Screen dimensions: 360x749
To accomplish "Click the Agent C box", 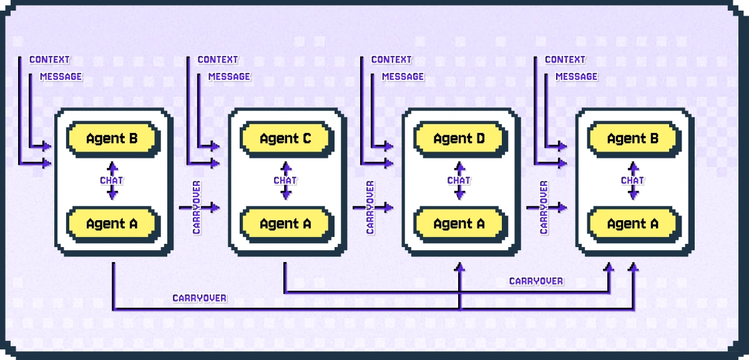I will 285,139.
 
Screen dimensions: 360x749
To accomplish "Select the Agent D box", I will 459,139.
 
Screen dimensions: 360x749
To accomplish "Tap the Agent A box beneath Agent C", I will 285,223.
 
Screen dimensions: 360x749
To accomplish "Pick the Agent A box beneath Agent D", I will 459,223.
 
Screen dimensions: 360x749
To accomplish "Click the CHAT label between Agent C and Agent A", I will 285,180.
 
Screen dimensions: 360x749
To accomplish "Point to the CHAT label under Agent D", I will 459,180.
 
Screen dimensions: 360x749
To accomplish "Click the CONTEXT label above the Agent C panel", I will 218,60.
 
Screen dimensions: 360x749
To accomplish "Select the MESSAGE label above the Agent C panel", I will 229,76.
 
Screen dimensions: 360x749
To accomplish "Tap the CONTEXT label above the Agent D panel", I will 391,60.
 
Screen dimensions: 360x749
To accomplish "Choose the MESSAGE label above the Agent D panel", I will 403,76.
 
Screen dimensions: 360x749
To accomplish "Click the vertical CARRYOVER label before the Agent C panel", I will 197,207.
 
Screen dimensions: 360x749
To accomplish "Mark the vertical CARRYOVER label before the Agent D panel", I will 370,207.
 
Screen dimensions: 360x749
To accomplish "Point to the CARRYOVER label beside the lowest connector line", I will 200,298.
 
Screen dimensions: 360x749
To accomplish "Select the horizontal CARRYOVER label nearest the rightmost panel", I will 536,281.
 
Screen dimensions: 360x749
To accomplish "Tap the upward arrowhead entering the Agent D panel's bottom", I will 460,268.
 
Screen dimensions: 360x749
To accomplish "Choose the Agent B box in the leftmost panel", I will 112,139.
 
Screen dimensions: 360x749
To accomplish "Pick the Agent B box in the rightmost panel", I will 632,139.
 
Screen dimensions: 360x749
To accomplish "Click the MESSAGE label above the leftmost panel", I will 61,76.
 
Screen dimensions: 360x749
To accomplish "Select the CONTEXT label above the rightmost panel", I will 565,60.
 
